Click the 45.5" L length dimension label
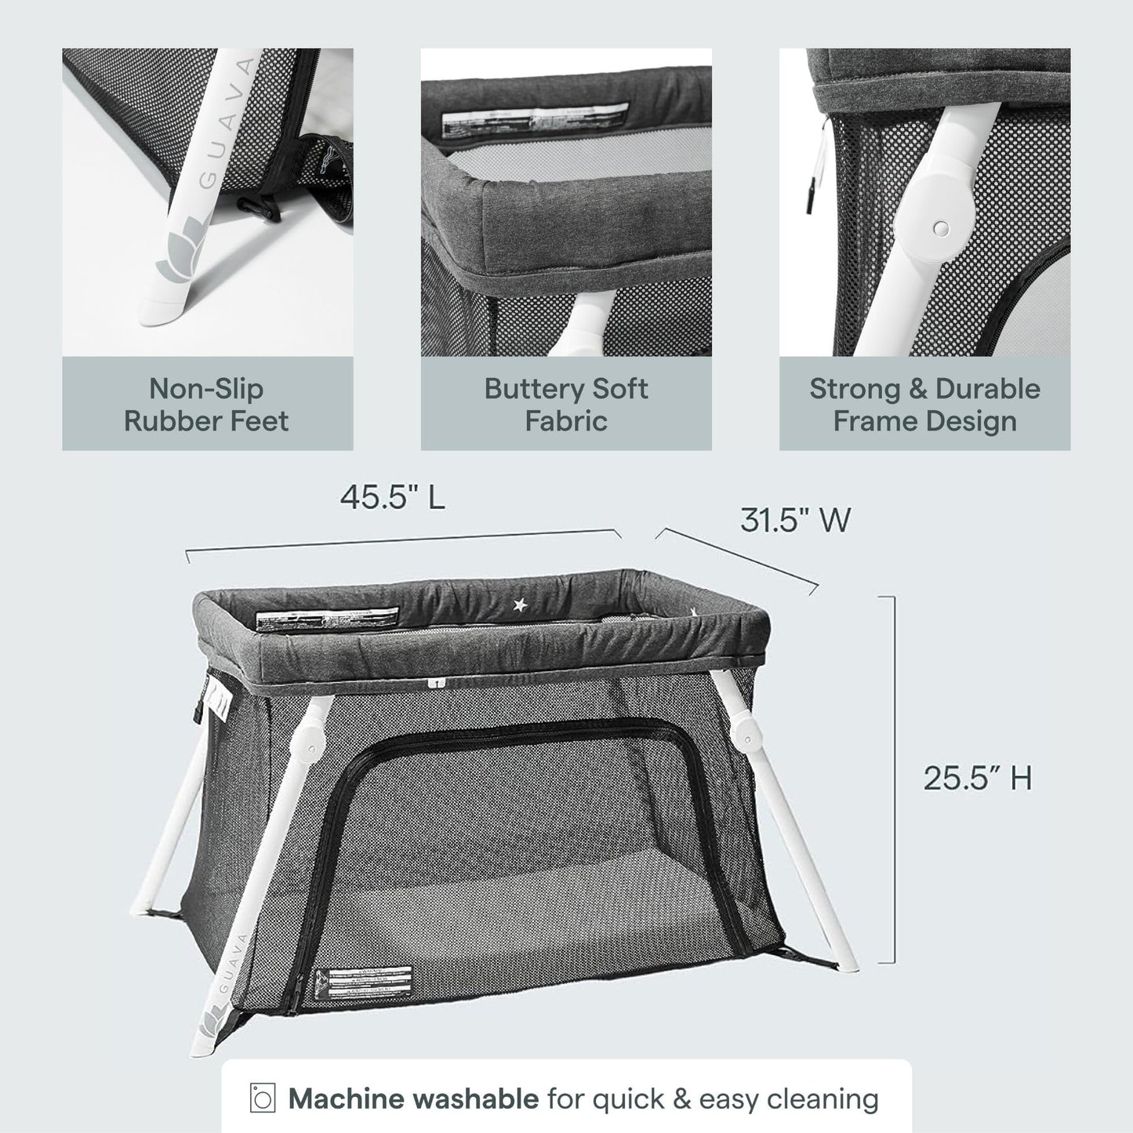click(392, 497)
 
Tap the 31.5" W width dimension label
click(794, 519)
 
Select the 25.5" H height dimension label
click(977, 778)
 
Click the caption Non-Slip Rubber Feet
click(207, 405)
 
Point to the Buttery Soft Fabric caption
click(565, 405)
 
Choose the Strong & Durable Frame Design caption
click(924, 405)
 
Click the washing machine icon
click(263, 1099)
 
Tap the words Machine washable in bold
click(413, 1099)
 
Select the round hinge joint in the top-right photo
click(942, 227)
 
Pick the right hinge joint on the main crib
click(748, 735)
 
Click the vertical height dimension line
click(892, 779)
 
